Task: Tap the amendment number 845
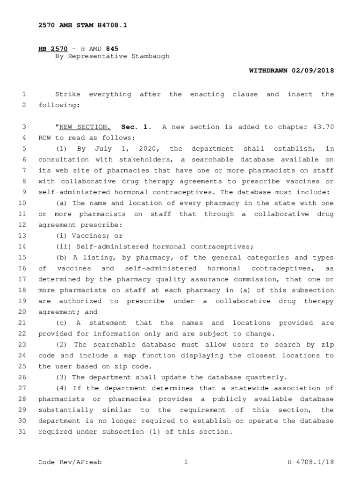[x=112, y=48]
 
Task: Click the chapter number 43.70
[x=323, y=127]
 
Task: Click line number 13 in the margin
[x=22, y=236]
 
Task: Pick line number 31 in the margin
[x=22, y=431]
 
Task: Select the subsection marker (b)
[x=61, y=257]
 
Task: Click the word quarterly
[x=270, y=377]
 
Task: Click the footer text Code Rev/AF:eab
[x=70, y=462]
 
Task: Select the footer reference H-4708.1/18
[x=311, y=462]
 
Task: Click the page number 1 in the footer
[x=186, y=462]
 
